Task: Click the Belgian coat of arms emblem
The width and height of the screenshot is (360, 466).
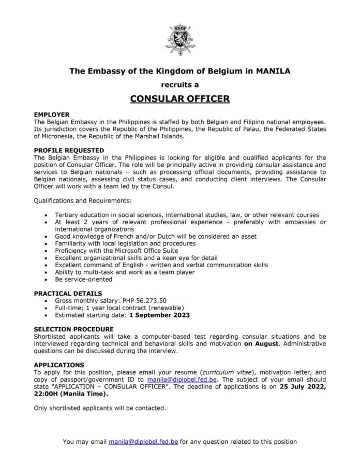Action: [179, 38]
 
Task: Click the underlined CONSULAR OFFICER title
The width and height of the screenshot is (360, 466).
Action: [179, 97]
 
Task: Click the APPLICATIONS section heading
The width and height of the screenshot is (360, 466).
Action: [58, 365]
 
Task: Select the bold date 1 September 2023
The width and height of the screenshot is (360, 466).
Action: [160, 314]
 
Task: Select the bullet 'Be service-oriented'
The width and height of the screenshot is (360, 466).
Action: [83, 279]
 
